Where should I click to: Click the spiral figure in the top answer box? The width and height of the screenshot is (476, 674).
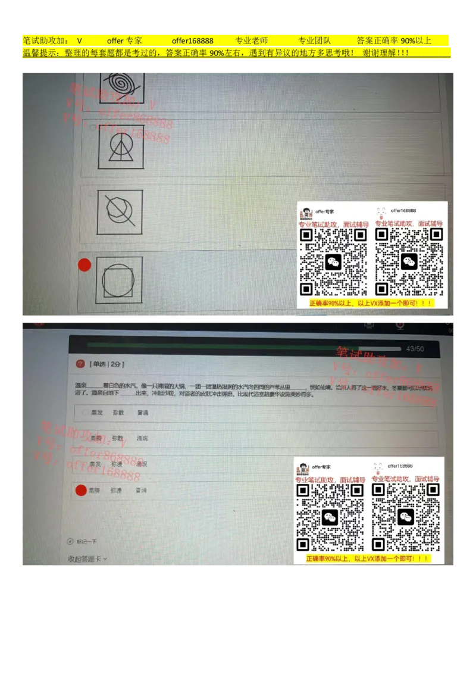click(x=121, y=81)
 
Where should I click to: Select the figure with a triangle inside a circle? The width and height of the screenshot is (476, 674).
click(x=121, y=146)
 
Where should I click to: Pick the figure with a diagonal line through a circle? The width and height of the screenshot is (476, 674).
click(x=120, y=212)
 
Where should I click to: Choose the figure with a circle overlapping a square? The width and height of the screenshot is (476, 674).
click(x=119, y=279)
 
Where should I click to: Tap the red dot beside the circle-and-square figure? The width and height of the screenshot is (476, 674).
click(x=84, y=265)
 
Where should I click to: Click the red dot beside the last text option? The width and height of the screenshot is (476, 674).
click(x=81, y=491)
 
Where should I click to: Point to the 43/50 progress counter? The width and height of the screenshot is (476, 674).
click(x=415, y=349)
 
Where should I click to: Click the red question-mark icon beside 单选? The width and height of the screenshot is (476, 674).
click(x=80, y=364)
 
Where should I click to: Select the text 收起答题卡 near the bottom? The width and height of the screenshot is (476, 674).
click(x=84, y=559)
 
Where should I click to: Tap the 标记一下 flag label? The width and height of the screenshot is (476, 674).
click(x=86, y=542)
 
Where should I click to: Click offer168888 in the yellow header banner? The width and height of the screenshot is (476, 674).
click(x=193, y=40)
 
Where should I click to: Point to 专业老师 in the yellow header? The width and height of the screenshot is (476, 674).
click(x=252, y=40)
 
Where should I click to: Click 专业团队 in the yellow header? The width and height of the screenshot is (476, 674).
click(x=314, y=40)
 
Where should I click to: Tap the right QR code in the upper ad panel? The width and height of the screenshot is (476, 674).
click(x=408, y=262)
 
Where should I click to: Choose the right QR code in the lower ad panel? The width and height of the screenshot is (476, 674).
click(x=406, y=517)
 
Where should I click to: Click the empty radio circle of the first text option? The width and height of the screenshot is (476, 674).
click(x=86, y=413)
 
